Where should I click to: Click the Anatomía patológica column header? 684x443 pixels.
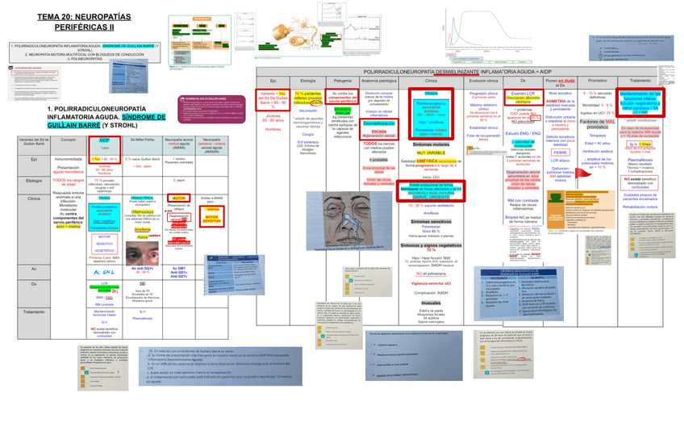[379, 81]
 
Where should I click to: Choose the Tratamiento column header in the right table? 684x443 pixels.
[640, 81]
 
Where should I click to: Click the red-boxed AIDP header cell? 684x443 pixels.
[104, 140]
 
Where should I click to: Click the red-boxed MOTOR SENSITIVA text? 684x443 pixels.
[212, 218]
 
